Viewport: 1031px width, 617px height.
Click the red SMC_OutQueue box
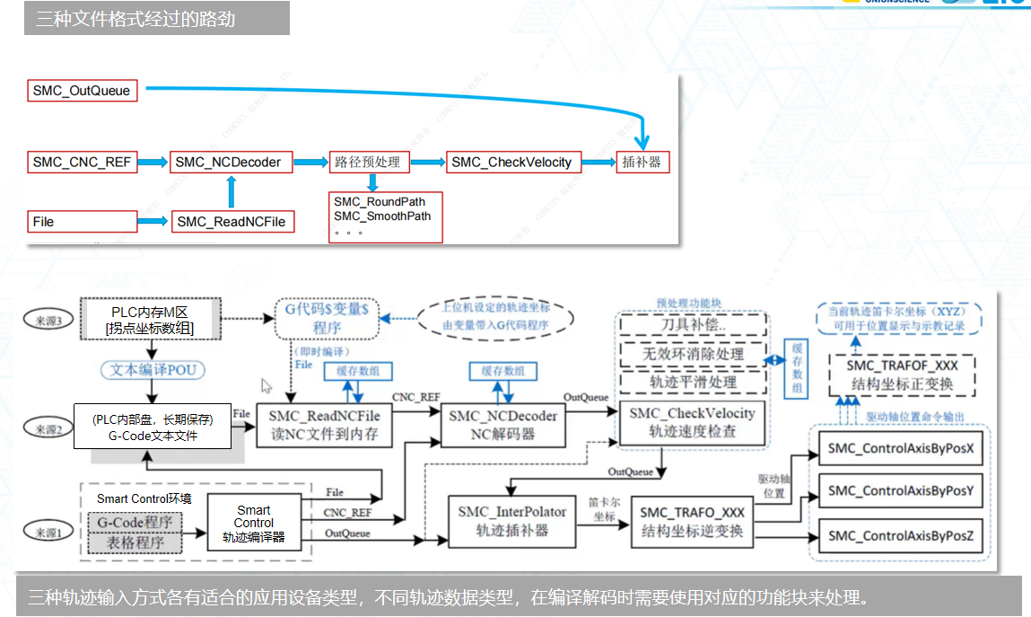click(x=83, y=91)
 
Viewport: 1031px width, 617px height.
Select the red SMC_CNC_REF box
click(x=83, y=163)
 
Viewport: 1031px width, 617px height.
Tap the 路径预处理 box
click(x=369, y=163)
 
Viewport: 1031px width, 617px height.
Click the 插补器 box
click(x=642, y=163)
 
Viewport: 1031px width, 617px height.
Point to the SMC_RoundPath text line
click(x=380, y=201)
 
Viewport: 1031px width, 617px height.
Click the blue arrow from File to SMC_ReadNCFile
click(x=152, y=221)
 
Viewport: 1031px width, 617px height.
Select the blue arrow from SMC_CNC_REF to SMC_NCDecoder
click(x=153, y=163)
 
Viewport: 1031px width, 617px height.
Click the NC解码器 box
click(x=502, y=425)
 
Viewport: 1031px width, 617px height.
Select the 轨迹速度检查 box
click(x=692, y=422)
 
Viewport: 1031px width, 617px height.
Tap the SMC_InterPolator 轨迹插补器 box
click(x=511, y=521)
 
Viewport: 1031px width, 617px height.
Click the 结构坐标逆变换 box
click(x=692, y=521)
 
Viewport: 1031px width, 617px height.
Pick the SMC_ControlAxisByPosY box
click(x=901, y=490)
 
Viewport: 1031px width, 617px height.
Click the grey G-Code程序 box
click(x=135, y=522)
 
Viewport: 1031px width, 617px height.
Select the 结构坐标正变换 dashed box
click(x=903, y=375)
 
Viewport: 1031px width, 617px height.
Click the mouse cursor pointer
click(x=266, y=385)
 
